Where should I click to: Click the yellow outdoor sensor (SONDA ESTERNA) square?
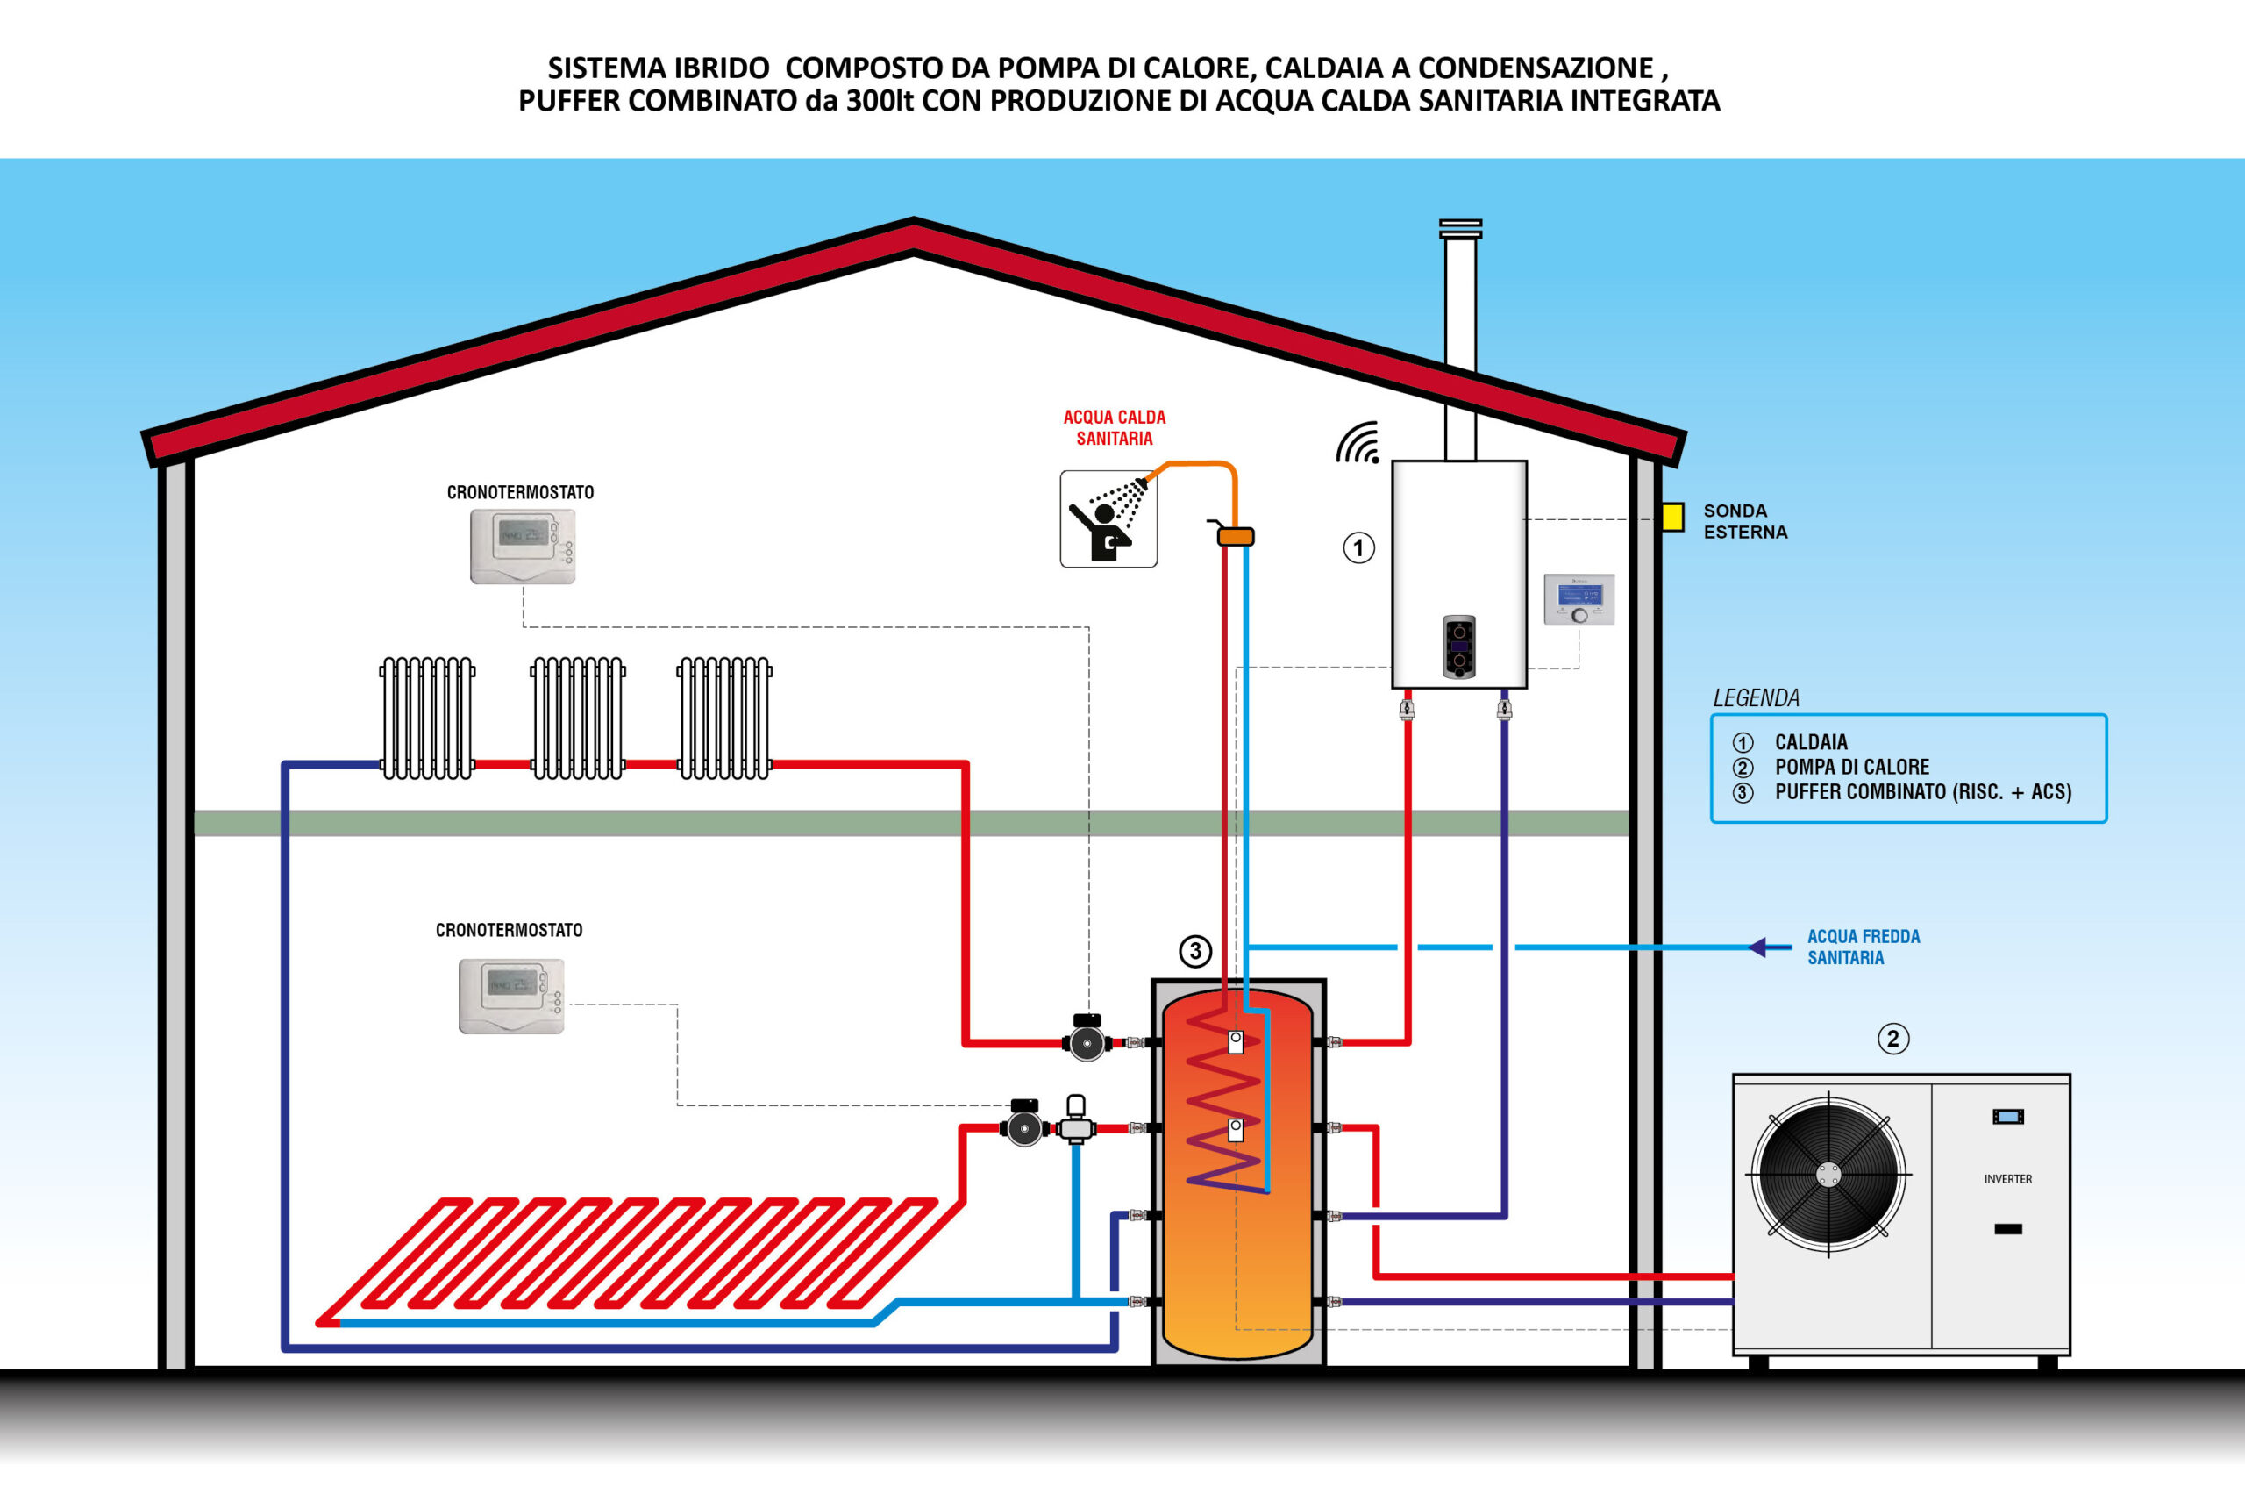point(1672,517)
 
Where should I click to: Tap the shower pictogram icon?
point(1108,518)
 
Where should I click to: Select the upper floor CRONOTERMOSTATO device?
point(523,547)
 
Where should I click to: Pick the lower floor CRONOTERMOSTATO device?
point(511,996)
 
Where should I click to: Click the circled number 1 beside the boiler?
point(1358,547)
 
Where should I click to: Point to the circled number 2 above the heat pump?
point(1893,1039)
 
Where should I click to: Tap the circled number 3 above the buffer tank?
point(1194,951)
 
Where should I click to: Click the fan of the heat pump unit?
point(1828,1175)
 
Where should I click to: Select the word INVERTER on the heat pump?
point(2007,1179)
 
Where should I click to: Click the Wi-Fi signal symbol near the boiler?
point(1359,444)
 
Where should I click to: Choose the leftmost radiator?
point(428,718)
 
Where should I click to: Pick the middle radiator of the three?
point(577,718)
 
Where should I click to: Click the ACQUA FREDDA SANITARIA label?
point(1863,947)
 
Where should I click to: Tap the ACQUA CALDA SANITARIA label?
point(1114,428)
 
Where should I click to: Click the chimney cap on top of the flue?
point(1460,229)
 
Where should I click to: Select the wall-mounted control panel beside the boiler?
point(1579,599)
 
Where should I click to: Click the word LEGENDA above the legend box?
point(1756,698)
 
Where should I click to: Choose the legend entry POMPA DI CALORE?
point(1851,766)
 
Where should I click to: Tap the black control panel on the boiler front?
point(1459,647)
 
